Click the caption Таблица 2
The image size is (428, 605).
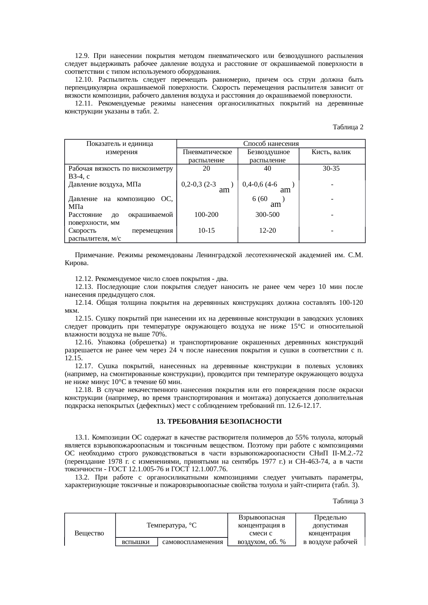348,127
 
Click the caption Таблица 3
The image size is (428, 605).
348,501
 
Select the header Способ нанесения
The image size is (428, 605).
271,144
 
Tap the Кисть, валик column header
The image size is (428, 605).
332,152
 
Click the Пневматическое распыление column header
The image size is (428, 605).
207,156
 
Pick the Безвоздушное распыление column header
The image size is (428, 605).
268,156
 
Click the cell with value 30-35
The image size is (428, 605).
332,169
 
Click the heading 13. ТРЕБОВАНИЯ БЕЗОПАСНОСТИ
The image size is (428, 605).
219,422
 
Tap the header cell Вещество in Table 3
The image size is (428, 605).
89,533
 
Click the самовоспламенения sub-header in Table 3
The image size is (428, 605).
193,542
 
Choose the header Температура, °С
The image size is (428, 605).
172,525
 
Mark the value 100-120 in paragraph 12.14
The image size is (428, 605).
351,303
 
